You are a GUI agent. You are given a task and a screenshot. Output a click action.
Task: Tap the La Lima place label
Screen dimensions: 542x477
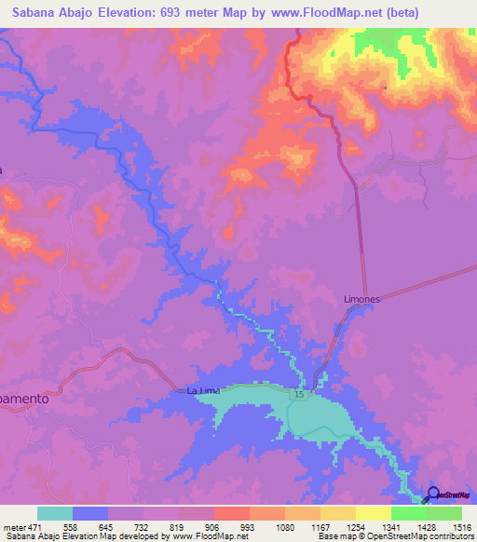pos(204,390)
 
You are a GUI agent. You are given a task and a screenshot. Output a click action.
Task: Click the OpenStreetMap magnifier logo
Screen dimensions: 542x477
pos(432,494)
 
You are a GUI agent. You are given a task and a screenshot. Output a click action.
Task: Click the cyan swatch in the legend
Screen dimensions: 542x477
pos(55,513)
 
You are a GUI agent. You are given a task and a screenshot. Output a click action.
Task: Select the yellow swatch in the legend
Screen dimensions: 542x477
pos(373,513)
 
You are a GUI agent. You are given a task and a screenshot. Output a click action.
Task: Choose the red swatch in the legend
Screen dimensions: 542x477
pos(231,513)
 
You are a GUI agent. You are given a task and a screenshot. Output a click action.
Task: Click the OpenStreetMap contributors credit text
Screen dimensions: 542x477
pos(420,536)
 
